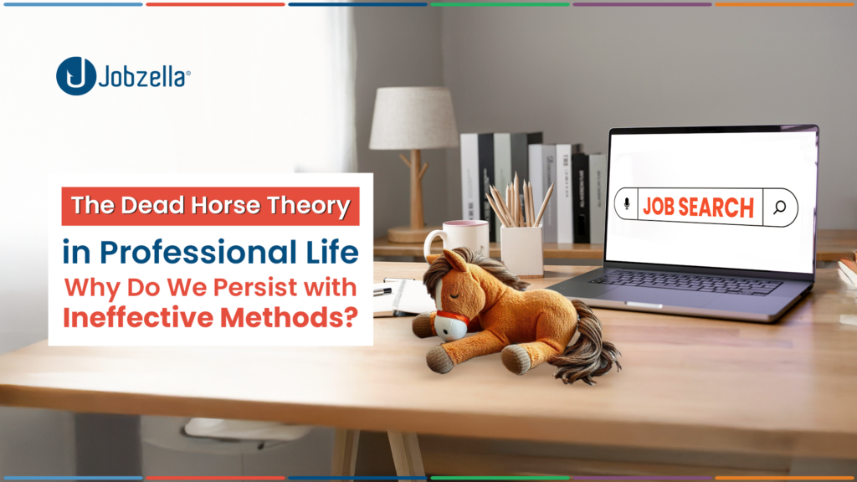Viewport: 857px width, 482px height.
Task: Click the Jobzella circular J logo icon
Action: pyautogui.click(x=76, y=76)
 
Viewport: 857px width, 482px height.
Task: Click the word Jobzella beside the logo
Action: pyautogui.click(x=144, y=76)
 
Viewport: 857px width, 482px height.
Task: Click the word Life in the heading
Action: pyautogui.click(x=332, y=252)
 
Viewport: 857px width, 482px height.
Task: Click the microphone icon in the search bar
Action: pyautogui.click(x=627, y=204)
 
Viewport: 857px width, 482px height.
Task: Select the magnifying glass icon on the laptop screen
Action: pyautogui.click(x=780, y=208)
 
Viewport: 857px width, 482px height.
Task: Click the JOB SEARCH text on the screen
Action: pyautogui.click(x=699, y=208)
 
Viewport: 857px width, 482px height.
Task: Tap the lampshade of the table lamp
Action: pyautogui.click(x=413, y=118)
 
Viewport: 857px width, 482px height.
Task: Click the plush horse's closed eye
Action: pyautogui.click(x=454, y=295)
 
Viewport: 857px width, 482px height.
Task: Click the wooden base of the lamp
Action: pyautogui.click(x=413, y=234)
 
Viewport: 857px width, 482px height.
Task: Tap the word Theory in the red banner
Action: pyautogui.click(x=310, y=207)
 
